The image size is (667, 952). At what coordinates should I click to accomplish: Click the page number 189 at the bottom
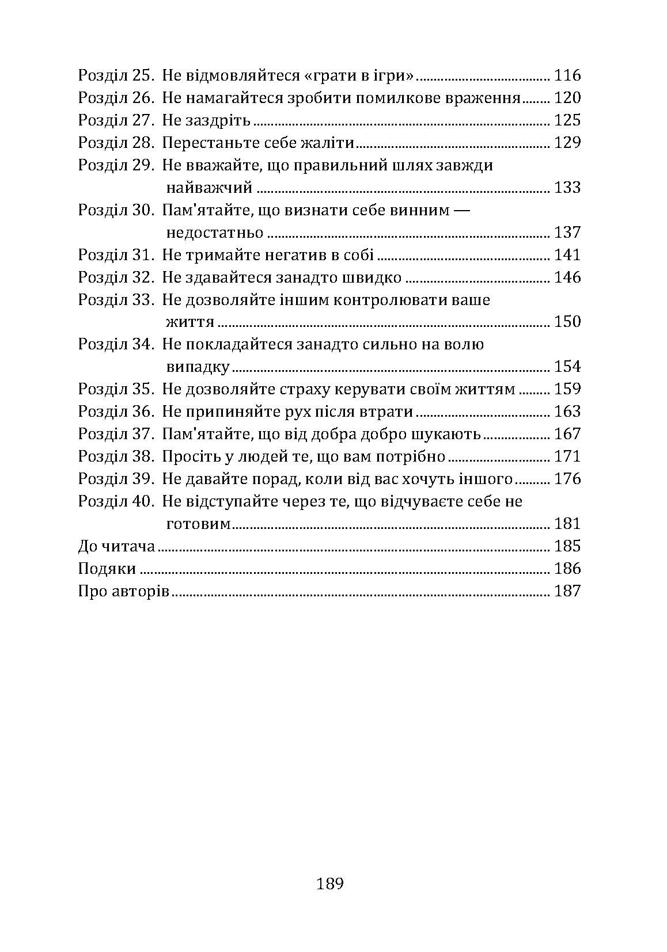[330, 884]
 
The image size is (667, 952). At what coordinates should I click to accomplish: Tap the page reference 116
[567, 75]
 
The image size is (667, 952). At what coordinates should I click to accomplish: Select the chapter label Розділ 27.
[115, 120]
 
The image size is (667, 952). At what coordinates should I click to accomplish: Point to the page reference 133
[567, 188]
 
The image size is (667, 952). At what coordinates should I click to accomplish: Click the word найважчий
[210, 188]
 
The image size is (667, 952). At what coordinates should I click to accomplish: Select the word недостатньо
[214, 233]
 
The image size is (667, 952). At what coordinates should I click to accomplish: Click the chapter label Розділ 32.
[115, 277]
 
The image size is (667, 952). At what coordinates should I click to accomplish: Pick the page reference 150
[567, 322]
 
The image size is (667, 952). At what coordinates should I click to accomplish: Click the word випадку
[198, 367]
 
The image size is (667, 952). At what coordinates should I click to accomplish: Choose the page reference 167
[567, 434]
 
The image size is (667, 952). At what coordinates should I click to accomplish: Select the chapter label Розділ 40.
[115, 501]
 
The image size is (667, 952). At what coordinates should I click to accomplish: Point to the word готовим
[199, 524]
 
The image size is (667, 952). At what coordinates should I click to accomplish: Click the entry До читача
[116, 546]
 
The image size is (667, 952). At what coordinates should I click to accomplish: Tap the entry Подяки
[107, 569]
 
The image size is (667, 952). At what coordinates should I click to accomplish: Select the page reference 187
[567, 591]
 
